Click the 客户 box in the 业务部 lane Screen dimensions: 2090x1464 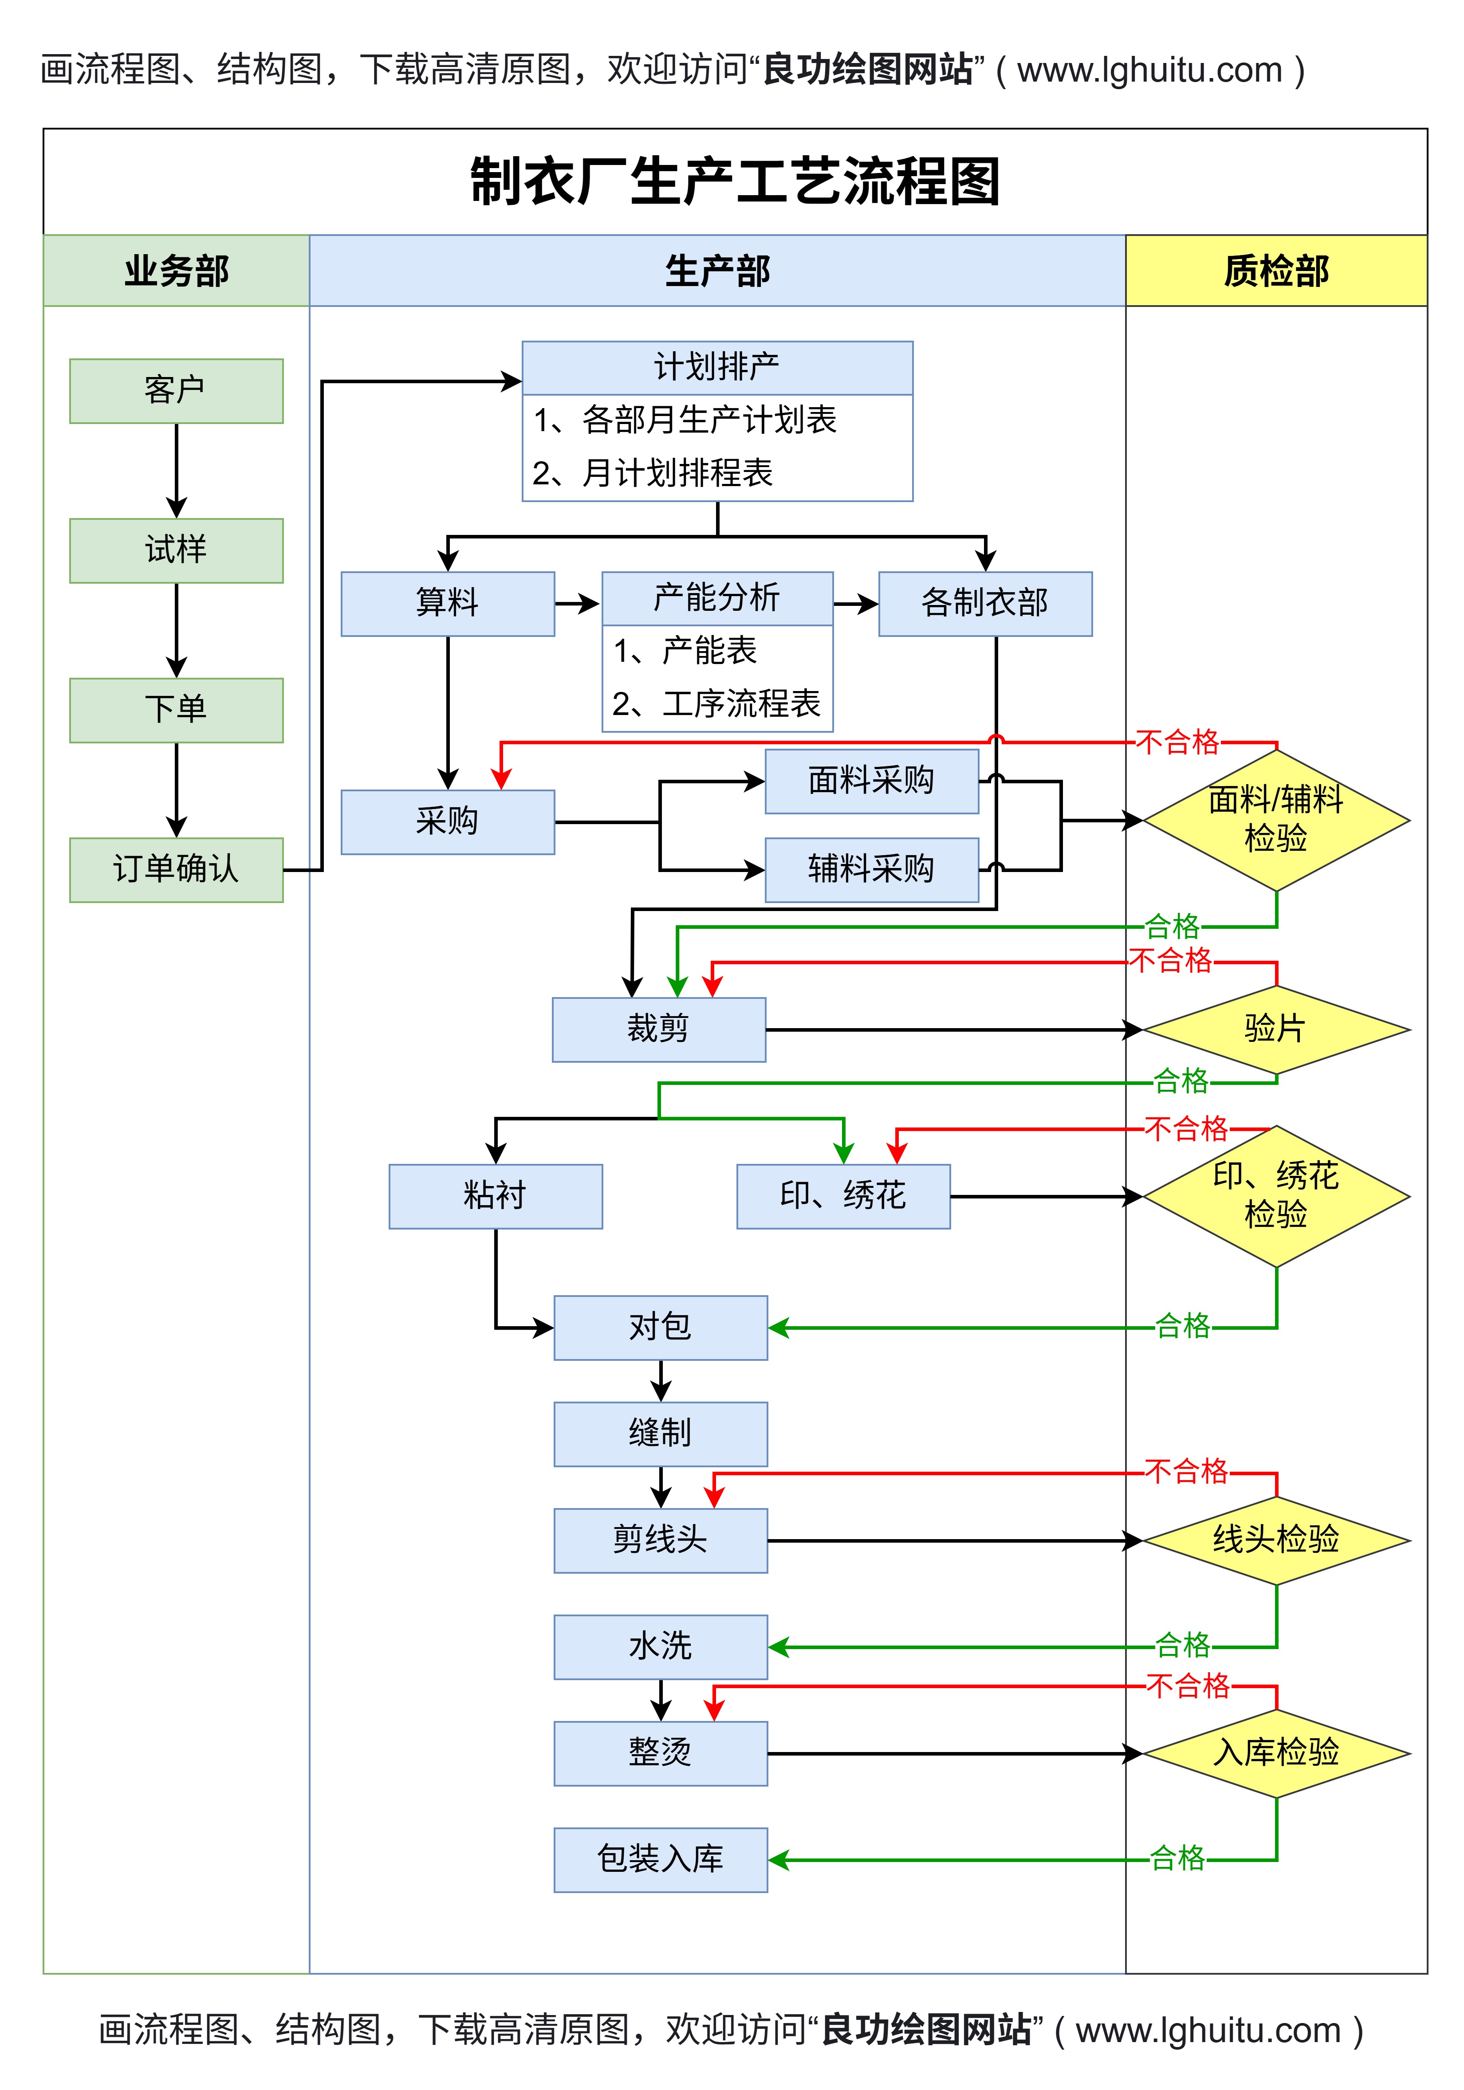176,390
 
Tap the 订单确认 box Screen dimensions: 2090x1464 176,869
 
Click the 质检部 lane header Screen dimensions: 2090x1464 1275,271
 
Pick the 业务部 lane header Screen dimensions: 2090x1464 176,271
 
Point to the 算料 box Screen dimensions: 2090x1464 447,603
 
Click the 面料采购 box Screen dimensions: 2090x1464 871,780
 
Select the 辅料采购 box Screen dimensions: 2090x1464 871,869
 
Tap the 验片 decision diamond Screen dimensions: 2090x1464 1275,1029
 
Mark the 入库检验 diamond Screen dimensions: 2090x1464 1275,1752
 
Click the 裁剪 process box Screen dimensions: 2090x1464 658,1029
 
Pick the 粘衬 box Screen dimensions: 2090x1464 495,1195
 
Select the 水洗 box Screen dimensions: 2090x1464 660,1646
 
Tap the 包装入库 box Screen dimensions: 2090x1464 660,1859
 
